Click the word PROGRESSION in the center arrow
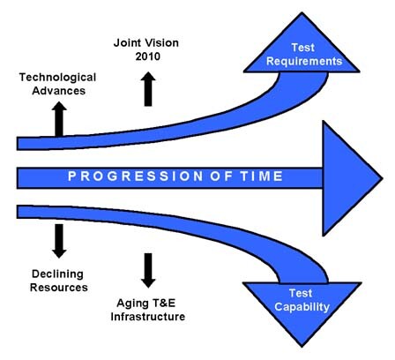click(136, 176)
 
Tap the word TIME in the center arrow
click(262, 176)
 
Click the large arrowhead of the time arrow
click(352, 178)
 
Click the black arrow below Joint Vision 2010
click(148, 89)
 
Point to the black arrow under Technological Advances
click(59, 119)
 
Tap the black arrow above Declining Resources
click(59, 241)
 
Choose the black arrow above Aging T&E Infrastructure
click(148, 270)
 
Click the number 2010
click(148, 56)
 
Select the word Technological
click(57, 78)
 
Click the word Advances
click(59, 91)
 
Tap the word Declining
click(57, 274)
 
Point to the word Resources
click(59, 288)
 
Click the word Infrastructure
click(148, 317)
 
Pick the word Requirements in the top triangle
click(304, 61)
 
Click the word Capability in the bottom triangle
click(302, 307)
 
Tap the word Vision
click(162, 43)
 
